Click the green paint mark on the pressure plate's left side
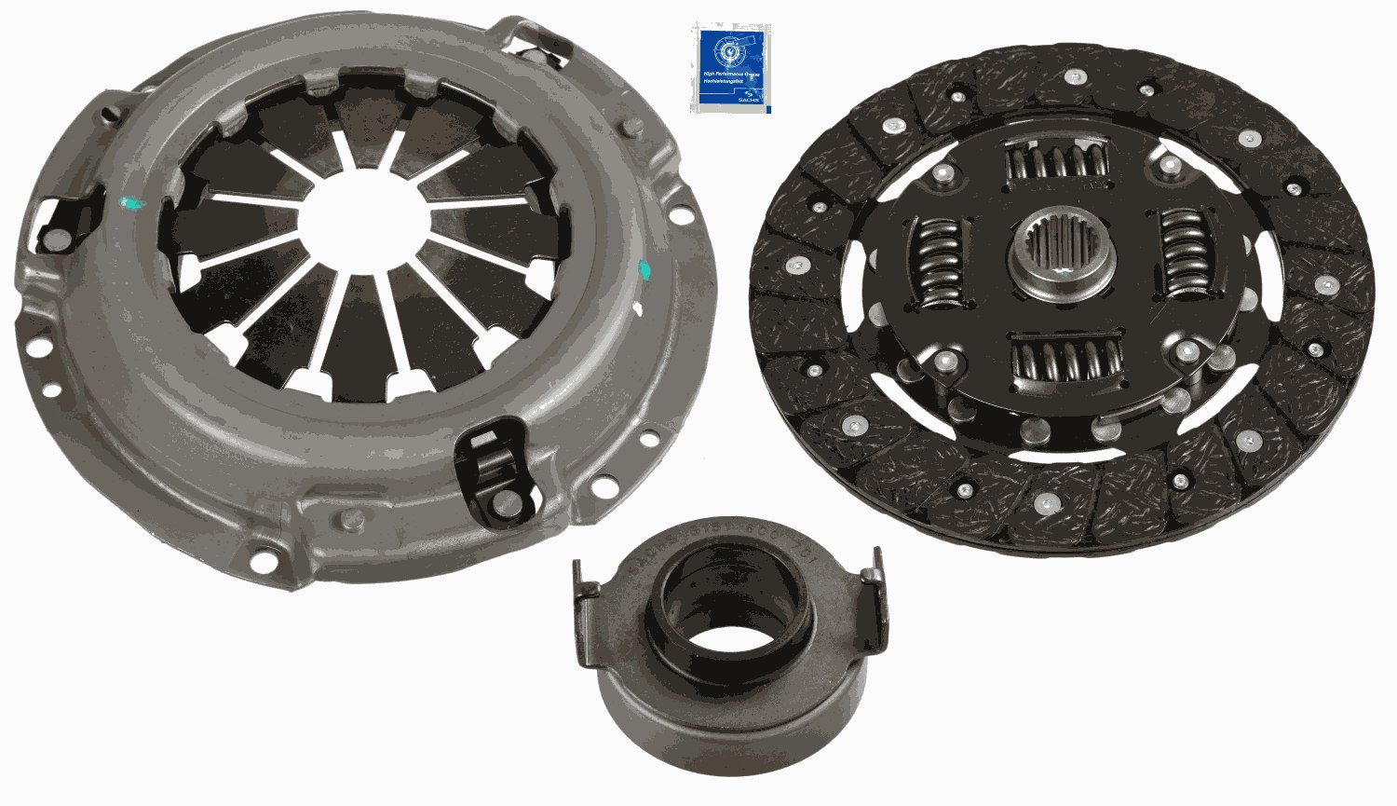tap(130, 202)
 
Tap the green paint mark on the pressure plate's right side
tap(643, 271)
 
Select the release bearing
tap(726, 652)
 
